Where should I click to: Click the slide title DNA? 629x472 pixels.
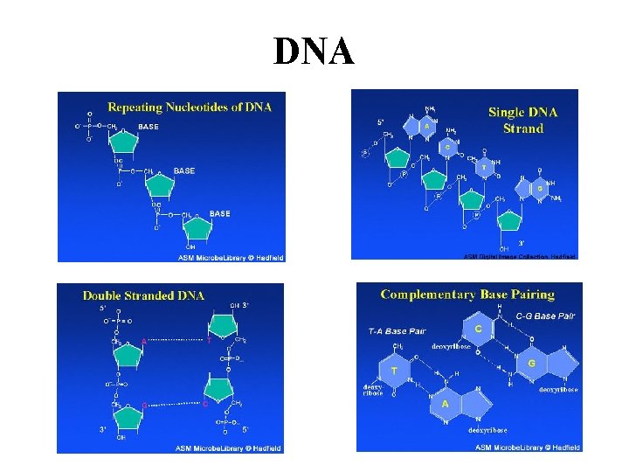pyautogui.click(x=314, y=52)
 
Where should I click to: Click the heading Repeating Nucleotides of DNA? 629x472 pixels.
pyautogui.click(x=189, y=108)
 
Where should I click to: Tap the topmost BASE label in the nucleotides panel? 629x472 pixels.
pyautogui.click(x=149, y=127)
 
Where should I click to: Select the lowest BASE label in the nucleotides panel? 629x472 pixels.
pyautogui.click(x=219, y=213)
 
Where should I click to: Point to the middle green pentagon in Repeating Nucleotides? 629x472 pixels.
pyautogui.click(x=160, y=183)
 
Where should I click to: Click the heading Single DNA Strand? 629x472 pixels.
pyautogui.click(x=522, y=120)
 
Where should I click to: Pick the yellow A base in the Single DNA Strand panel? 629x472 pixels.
pyautogui.click(x=426, y=126)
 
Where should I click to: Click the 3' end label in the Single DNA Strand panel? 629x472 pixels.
pyautogui.click(x=521, y=243)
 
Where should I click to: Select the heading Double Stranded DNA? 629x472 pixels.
pyautogui.click(x=143, y=295)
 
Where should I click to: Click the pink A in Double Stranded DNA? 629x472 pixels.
pyautogui.click(x=143, y=342)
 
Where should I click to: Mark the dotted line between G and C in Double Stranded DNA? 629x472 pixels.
pyautogui.click(x=175, y=404)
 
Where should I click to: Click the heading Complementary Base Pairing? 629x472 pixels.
pyautogui.click(x=467, y=295)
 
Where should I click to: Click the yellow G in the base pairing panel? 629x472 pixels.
pyautogui.click(x=531, y=361)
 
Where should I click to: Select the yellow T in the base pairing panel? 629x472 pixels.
pyautogui.click(x=395, y=371)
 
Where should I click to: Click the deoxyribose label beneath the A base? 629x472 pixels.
pyautogui.click(x=487, y=430)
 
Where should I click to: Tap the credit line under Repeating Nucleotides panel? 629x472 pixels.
pyautogui.click(x=231, y=257)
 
